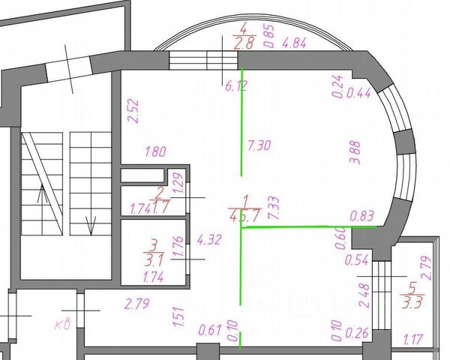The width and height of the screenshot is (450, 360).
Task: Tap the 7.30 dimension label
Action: pyautogui.click(x=259, y=145)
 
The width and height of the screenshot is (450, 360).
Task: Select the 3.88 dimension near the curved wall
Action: pyautogui.click(x=355, y=152)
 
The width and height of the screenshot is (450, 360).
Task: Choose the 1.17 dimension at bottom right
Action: pyautogui.click(x=413, y=338)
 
